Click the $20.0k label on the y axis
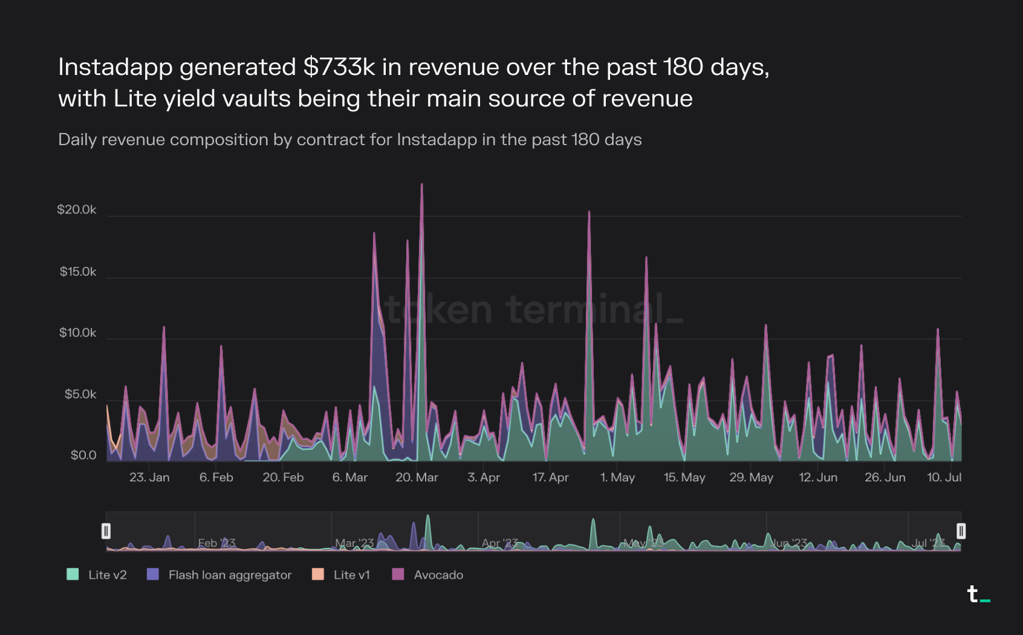pyautogui.click(x=76, y=210)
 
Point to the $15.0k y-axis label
pyautogui.click(x=77, y=272)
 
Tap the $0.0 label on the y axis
pyautogui.click(x=83, y=455)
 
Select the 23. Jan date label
pyautogui.click(x=149, y=477)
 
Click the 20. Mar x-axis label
pyautogui.click(x=417, y=477)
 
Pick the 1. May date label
pyautogui.click(x=617, y=477)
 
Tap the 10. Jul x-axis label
pyautogui.click(x=944, y=477)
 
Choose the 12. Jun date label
pyautogui.click(x=818, y=477)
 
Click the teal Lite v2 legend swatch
pyautogui.click(x=73, y=575)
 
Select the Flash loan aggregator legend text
pyautogui.click(x=230, y=575)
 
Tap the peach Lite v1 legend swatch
pyautogui.click(x=318, y=575)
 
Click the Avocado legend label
pyautogui.click(x=438, y=575)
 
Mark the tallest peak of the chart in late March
pyautogui.click(x=422, y=184)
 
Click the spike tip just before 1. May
pyautogui.click(x=589, y=212)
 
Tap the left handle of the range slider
pyautogui.click(x=106, y=531)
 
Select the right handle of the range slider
pyautogui.click(x=961, y=531)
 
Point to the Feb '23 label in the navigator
pyautogui.click(x=216, y=542)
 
